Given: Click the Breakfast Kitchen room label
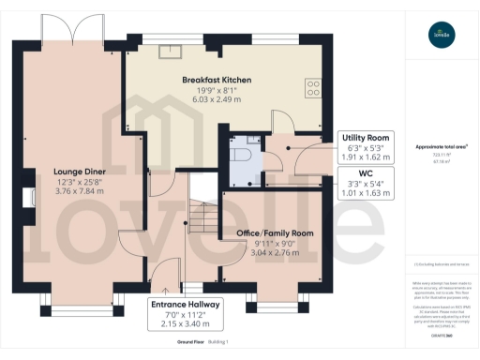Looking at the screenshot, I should [216, 81].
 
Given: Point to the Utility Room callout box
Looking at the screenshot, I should [367, 148].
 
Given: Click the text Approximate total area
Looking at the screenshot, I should [435, 147].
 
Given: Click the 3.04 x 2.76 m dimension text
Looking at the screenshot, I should [273, 253].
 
